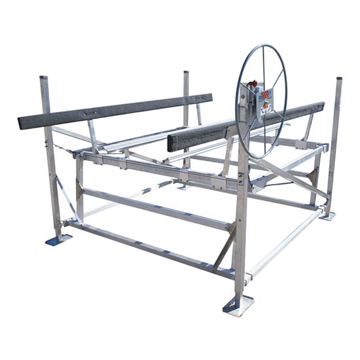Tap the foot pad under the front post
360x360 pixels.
tap(238, 305)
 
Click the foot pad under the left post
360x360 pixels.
tap(58, 240)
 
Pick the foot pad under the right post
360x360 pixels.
tap(327, 215)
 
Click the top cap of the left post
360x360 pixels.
tap(44, 79)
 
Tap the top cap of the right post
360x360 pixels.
tap(339, 80)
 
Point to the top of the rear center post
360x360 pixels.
tap(186, 73)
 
